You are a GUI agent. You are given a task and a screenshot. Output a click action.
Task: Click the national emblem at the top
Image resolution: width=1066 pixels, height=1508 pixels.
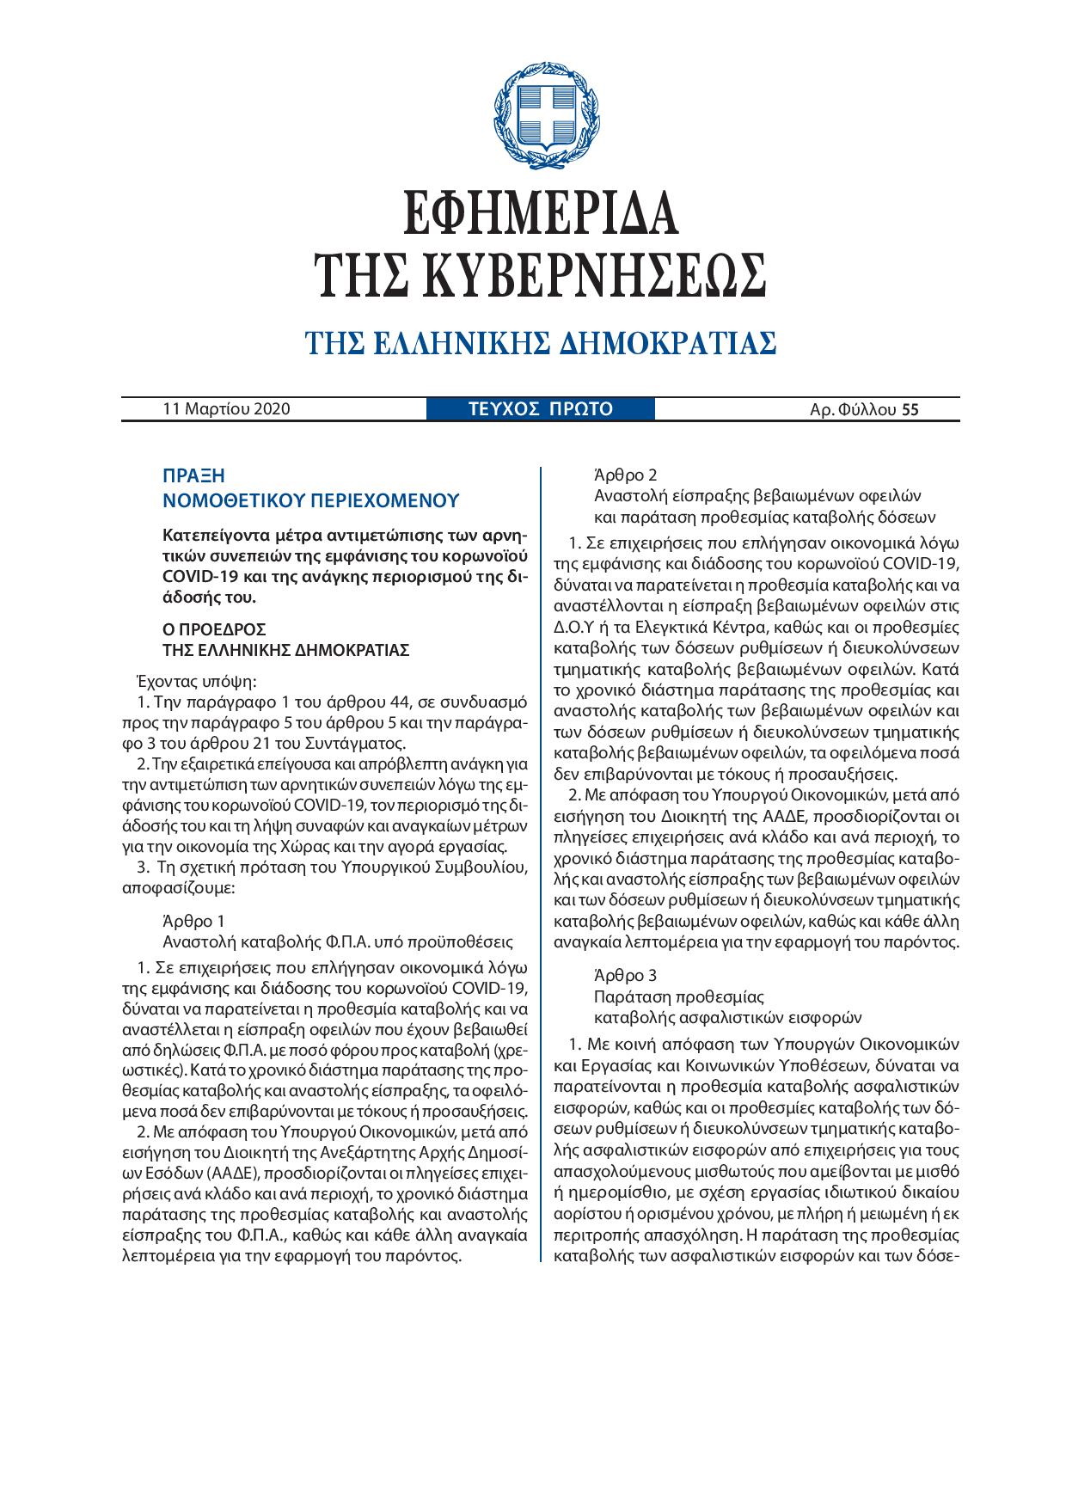(x=539, y=118)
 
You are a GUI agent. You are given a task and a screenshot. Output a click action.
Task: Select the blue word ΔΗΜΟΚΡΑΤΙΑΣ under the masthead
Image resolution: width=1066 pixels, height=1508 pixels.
(x=668, y=343)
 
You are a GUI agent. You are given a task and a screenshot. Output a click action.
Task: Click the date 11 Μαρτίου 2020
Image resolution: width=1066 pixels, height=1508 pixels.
(x=227, y=409)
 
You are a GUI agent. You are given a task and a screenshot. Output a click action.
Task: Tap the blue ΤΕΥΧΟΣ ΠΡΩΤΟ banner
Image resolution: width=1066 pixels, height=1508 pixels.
(x=540, y=409)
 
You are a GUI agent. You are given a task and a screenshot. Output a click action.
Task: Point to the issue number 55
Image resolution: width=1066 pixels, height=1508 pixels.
(x=910, y=410)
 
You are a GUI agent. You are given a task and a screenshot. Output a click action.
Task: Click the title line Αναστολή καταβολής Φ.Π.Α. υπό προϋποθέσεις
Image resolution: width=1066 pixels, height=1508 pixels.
(x=338, y=941)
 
